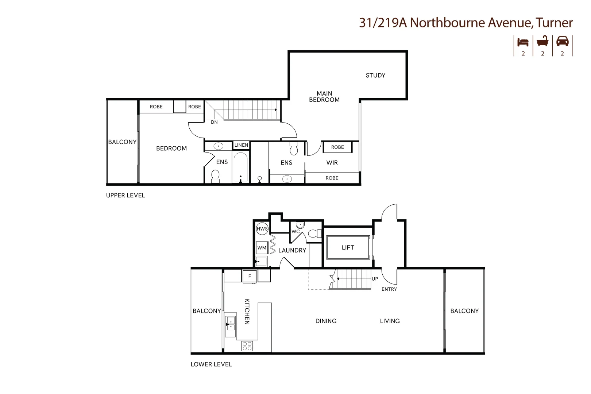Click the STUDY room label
375,76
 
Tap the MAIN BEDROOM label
324,97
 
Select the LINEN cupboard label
241,145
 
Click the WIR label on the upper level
332,163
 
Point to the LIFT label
348,248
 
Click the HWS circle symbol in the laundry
262,229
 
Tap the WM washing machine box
262,248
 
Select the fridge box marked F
250,277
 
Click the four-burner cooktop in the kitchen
247,346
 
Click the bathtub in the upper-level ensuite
240,167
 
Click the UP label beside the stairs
375,279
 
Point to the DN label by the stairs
214,122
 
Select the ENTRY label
389,289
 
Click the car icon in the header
562,41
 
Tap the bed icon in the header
523,42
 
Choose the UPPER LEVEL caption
125,196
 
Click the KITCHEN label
247,312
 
